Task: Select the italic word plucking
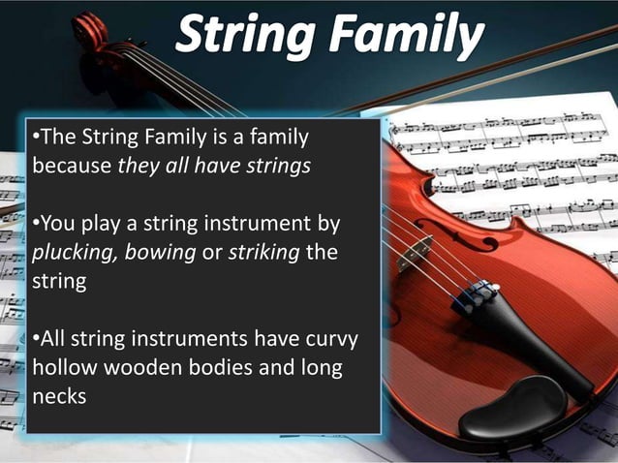tap(70, 255)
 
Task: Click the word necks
tap(59, 396)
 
